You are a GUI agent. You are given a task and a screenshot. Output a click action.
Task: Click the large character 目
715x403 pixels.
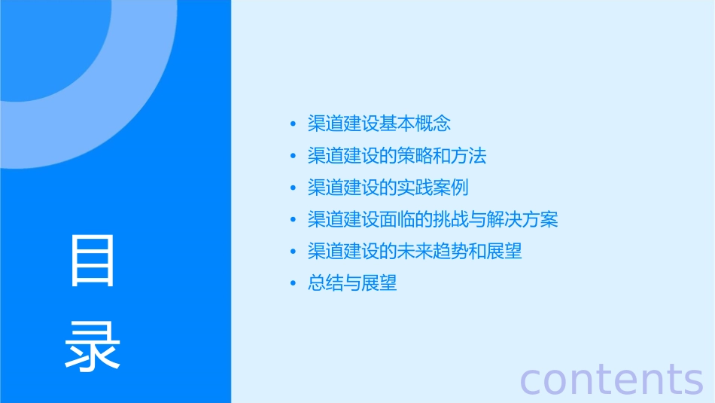pyautogui.click(x=93, y=261)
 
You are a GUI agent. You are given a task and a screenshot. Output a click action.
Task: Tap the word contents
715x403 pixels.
pyautogui.click(x=612, y=378)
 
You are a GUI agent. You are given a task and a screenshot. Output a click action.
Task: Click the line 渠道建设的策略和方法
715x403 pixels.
pyautogui.click(x=397, y=156)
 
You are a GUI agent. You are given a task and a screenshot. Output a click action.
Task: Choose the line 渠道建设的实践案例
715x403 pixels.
pyautogui.click(x=388, y=188)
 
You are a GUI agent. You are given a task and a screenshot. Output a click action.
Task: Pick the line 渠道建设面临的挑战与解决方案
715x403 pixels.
pyautogui.click(x=433, y=220)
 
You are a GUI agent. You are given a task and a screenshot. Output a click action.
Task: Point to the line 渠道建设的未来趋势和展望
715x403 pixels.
pyautogui.click(x=415, y=252)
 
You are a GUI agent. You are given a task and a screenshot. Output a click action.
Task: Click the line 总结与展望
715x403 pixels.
pyautogui.click(x=352, y=284)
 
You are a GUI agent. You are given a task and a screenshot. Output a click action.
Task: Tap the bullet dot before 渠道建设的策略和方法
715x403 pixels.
pyautogui.click(x=293, y=157)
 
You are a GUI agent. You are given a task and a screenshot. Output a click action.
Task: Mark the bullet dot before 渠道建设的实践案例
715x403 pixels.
pyautogui.click(x=293, y=188)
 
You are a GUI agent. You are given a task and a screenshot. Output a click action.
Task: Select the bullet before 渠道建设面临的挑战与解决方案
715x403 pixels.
pyautogui.click(x=293, y=221)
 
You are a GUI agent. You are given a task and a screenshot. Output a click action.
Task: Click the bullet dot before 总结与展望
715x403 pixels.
pyautogui.click(x=293, y=285)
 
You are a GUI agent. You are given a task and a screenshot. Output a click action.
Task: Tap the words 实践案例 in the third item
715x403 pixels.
pyautogui.click(x=433, y=188)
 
